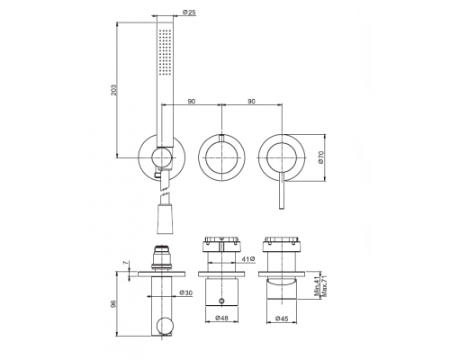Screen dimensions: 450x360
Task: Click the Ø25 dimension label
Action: pyautogui.click(x=189, y=13)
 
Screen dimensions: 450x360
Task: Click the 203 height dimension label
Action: pyautogui.click(x=113, y=90)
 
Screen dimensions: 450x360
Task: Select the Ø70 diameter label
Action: pyautogui.click(x=321, y=157)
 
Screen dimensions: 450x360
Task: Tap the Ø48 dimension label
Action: pyautogui.click(x=221, y=318)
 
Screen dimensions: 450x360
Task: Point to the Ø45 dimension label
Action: pyautogui.click(x=282, y=318)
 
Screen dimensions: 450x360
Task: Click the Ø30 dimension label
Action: pyautogui.click(x=185, y=292)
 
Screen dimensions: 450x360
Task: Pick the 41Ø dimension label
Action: pyautogui.click(x=248, y=258)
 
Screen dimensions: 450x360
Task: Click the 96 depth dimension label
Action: pyautogui.click(x=113, y=303)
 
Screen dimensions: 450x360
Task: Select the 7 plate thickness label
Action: pyautogui.click(x=126, y=263)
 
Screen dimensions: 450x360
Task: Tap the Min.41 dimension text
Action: pyautogui.click(x=318, y=285)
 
